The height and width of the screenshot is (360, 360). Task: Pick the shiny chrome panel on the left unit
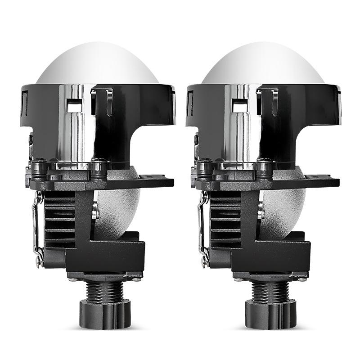point(74,130)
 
